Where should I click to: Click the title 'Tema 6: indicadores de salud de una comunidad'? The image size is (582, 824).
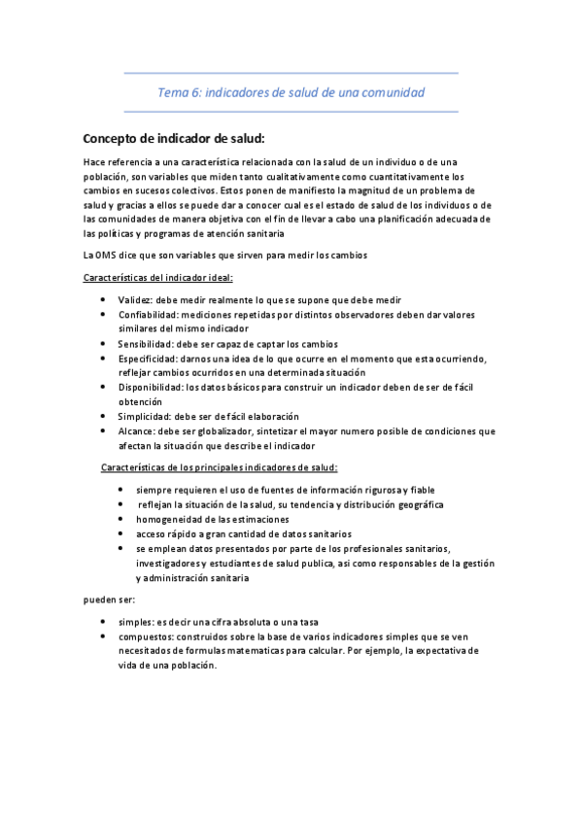point(291,92)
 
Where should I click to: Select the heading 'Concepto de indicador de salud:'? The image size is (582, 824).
point(167,138)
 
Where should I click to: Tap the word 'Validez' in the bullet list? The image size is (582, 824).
point(136,300)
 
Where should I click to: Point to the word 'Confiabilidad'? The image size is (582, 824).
point(148,315)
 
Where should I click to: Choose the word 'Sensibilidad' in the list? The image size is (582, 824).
point(146,344)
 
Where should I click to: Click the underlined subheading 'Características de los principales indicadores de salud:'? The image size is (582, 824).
point(219,468)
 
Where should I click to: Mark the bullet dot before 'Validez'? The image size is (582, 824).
point(104,300)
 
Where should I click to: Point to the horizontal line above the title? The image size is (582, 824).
point(291,73)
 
